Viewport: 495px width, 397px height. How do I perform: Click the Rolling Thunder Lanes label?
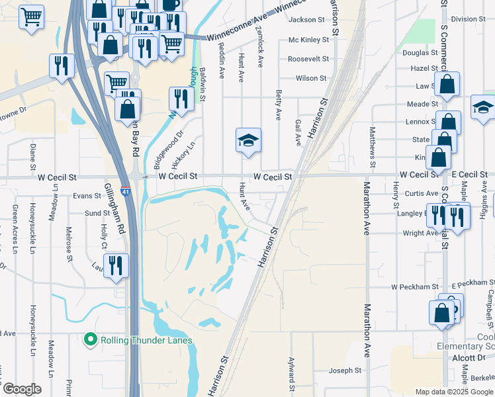[x=146, y=341]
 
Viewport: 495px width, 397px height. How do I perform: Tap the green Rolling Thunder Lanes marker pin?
[x=91, y=340]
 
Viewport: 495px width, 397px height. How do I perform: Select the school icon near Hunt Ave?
[x=248, y=141]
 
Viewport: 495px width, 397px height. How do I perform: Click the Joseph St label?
[x=345, y=371]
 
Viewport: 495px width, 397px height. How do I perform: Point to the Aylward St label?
[x=291, y=375]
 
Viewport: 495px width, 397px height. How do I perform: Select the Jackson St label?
[x=307, y=20]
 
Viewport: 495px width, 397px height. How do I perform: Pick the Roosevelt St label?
[x=308, y=59]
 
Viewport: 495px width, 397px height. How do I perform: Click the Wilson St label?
[x=307, y=78]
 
